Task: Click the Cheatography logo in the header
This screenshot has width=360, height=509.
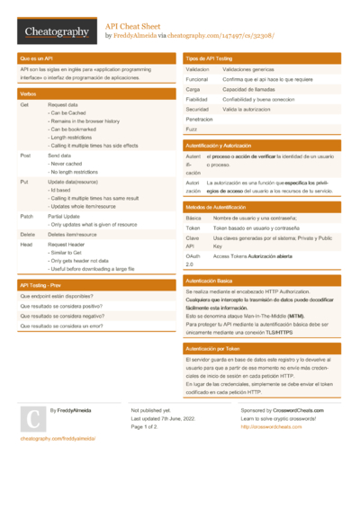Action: [x=57, y=31]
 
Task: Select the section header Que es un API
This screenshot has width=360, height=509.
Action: [x=36, y=58]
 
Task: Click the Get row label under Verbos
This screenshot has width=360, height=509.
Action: [x=24, y=105]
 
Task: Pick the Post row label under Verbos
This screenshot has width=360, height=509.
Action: [x=25, y=156]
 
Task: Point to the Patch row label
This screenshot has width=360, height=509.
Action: [x=27, y=217]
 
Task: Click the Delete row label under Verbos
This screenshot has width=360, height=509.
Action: [x=29, y=234]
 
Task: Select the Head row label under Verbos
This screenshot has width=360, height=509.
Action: [x=27, y=245]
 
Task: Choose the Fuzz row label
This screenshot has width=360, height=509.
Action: [x=192, y=129]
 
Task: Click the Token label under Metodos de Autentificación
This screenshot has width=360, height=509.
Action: [x=193, y=228]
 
